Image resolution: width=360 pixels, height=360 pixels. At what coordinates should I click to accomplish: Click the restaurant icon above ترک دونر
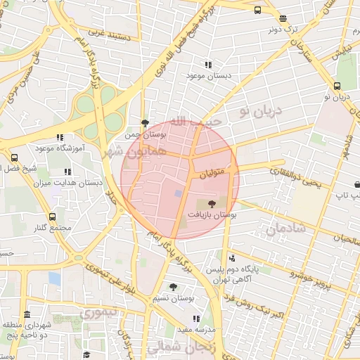(283, 19)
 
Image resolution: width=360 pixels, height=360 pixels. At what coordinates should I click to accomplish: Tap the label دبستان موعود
(209, 75)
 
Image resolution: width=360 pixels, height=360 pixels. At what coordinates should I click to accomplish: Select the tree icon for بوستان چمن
(145, 122)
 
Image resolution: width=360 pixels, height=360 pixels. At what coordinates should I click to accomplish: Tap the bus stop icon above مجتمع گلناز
(52, 217)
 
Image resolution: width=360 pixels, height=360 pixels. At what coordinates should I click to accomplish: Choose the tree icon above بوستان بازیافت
(213, 203)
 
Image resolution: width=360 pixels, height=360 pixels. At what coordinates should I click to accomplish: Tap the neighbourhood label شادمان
(286, 229)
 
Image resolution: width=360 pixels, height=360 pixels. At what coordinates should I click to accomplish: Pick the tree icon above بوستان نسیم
(173, 286)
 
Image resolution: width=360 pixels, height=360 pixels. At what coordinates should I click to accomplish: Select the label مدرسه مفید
(194, 329)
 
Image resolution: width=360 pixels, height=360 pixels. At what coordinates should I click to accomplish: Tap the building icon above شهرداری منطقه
(27, 314)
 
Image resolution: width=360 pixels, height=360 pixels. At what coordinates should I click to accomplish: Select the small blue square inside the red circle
(178, 193)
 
